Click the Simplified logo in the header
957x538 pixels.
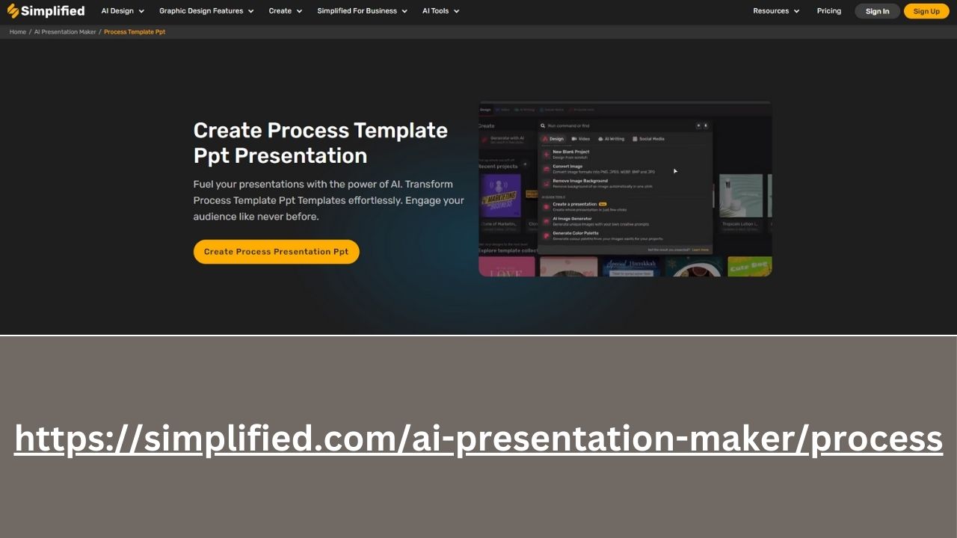click(46, 11)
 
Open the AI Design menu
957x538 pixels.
click(123, 11)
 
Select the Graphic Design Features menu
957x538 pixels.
click(206, 11)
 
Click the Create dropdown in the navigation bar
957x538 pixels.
click(286, 11)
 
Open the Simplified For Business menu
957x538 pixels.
click(362, 11)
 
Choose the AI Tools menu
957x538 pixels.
click(440, 11)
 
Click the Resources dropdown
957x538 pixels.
click(776, 11)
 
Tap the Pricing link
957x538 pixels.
click(828, 11)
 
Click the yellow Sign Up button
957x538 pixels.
click(926, 11)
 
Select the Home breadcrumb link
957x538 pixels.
click(18, 32)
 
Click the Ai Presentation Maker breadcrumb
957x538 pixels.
click(65, 32)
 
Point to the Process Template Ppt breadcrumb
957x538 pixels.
click(135, 32)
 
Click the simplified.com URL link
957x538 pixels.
click(478, 439)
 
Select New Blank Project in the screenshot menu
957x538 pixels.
click(570, 152)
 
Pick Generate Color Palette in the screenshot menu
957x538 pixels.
click(575, 234)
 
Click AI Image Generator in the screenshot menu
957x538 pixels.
click(572, 219)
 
